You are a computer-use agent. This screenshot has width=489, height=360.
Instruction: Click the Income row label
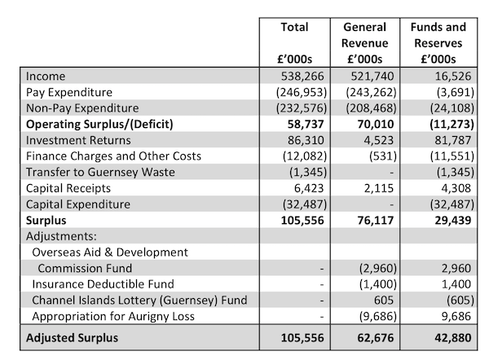coord(46,77)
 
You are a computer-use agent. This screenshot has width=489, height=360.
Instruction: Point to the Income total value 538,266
coord(302,77)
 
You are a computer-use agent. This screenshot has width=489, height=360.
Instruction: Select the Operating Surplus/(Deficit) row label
coord(99,125)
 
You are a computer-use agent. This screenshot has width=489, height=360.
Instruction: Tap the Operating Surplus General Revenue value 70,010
coord(376,124)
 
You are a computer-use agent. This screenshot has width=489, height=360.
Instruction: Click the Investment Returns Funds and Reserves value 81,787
coord(453,140)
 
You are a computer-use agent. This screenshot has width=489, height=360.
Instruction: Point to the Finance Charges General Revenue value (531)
coord(383,156)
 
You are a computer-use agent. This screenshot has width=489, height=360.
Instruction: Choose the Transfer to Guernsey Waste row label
coord(100,173)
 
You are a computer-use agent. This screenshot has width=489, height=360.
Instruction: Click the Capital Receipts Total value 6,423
coord(309,188)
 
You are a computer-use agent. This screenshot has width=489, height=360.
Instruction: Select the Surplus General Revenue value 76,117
coord(376,221)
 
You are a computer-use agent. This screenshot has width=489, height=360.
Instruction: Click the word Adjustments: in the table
coord(61,236)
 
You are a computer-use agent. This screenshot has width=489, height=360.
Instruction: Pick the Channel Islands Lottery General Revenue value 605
coord(384,301)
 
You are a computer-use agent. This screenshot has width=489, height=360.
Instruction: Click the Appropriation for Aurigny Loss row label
coord(113,317)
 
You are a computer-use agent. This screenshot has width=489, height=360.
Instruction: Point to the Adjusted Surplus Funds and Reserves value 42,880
coord(453,338)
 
